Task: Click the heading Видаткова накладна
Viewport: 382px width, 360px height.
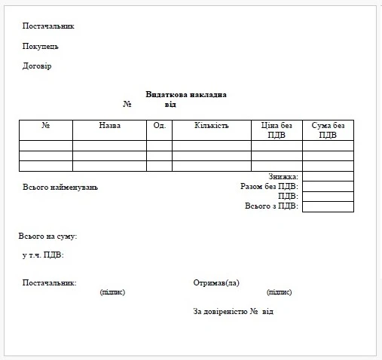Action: (x=186, y=94)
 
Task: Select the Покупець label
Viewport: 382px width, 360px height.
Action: (x=41, y=46)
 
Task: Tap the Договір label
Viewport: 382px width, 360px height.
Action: (x=37, y=66)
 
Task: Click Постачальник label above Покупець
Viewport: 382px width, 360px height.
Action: (x=48, y=26)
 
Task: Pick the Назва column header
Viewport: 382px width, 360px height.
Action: (x=109, y=125)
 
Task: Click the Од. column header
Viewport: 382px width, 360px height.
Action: (x=159, y=125)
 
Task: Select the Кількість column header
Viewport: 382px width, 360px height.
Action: (x=211, y=125)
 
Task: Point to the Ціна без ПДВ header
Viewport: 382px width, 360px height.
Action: (x=277, y=130)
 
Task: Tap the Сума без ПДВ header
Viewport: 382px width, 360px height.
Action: (x=328, y=130)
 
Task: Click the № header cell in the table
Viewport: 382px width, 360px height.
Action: (x=46, y=125)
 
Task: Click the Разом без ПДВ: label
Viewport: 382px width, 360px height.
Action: (x=269, y=186)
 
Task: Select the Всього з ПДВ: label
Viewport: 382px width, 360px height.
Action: (x=271, y=206)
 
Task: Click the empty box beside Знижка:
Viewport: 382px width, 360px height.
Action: (x=328, y=176)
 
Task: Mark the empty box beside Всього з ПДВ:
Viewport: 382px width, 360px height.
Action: (x=328, y=206)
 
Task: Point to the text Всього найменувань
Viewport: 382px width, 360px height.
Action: (x=60, y=187)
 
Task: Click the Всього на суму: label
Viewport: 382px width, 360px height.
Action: (x=47, y=236)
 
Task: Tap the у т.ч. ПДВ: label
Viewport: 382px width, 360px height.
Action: (x=43, y=255)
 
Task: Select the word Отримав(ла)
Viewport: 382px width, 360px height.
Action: (x=216, y=283)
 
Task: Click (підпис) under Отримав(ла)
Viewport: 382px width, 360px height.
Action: (x=279, y=292)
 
